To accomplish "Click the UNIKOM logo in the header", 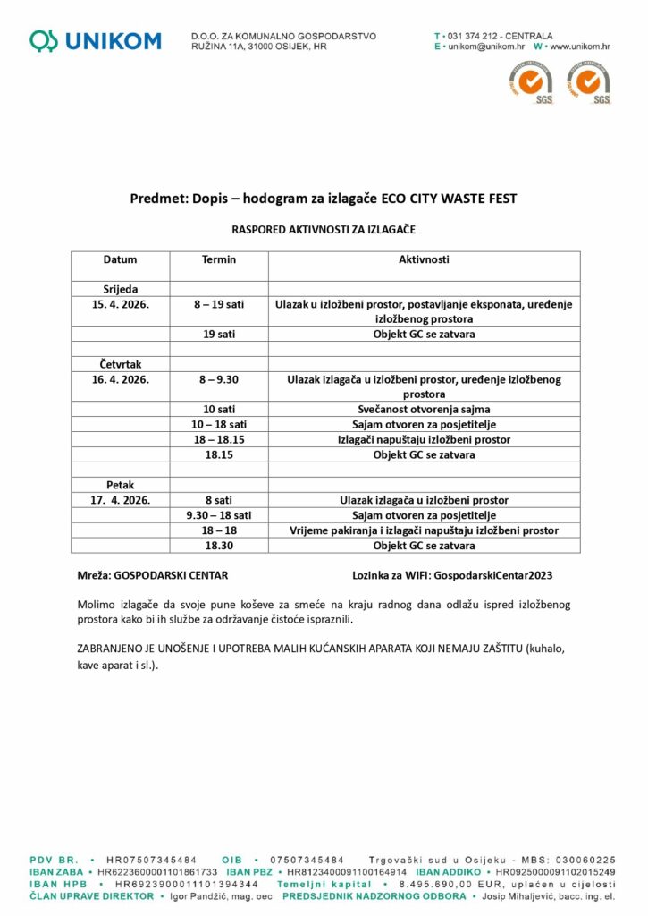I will coord(96,40).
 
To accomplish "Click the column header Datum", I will coord(121,260).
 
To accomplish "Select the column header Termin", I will coord(219,260).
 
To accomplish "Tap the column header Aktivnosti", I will coord(424,260).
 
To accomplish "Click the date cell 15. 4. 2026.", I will coord(121,305).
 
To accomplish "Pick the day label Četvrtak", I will coord(121,364).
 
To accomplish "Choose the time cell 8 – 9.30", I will coord(219,380).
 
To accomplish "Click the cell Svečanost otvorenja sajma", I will coord(424,409).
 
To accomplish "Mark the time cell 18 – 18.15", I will coord(219,439).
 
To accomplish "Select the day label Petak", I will coord(121,485).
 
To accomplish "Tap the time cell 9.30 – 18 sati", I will coord(219,515).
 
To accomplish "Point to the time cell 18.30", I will coord(219,545).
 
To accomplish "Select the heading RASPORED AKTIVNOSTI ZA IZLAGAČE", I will coord(324,230).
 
